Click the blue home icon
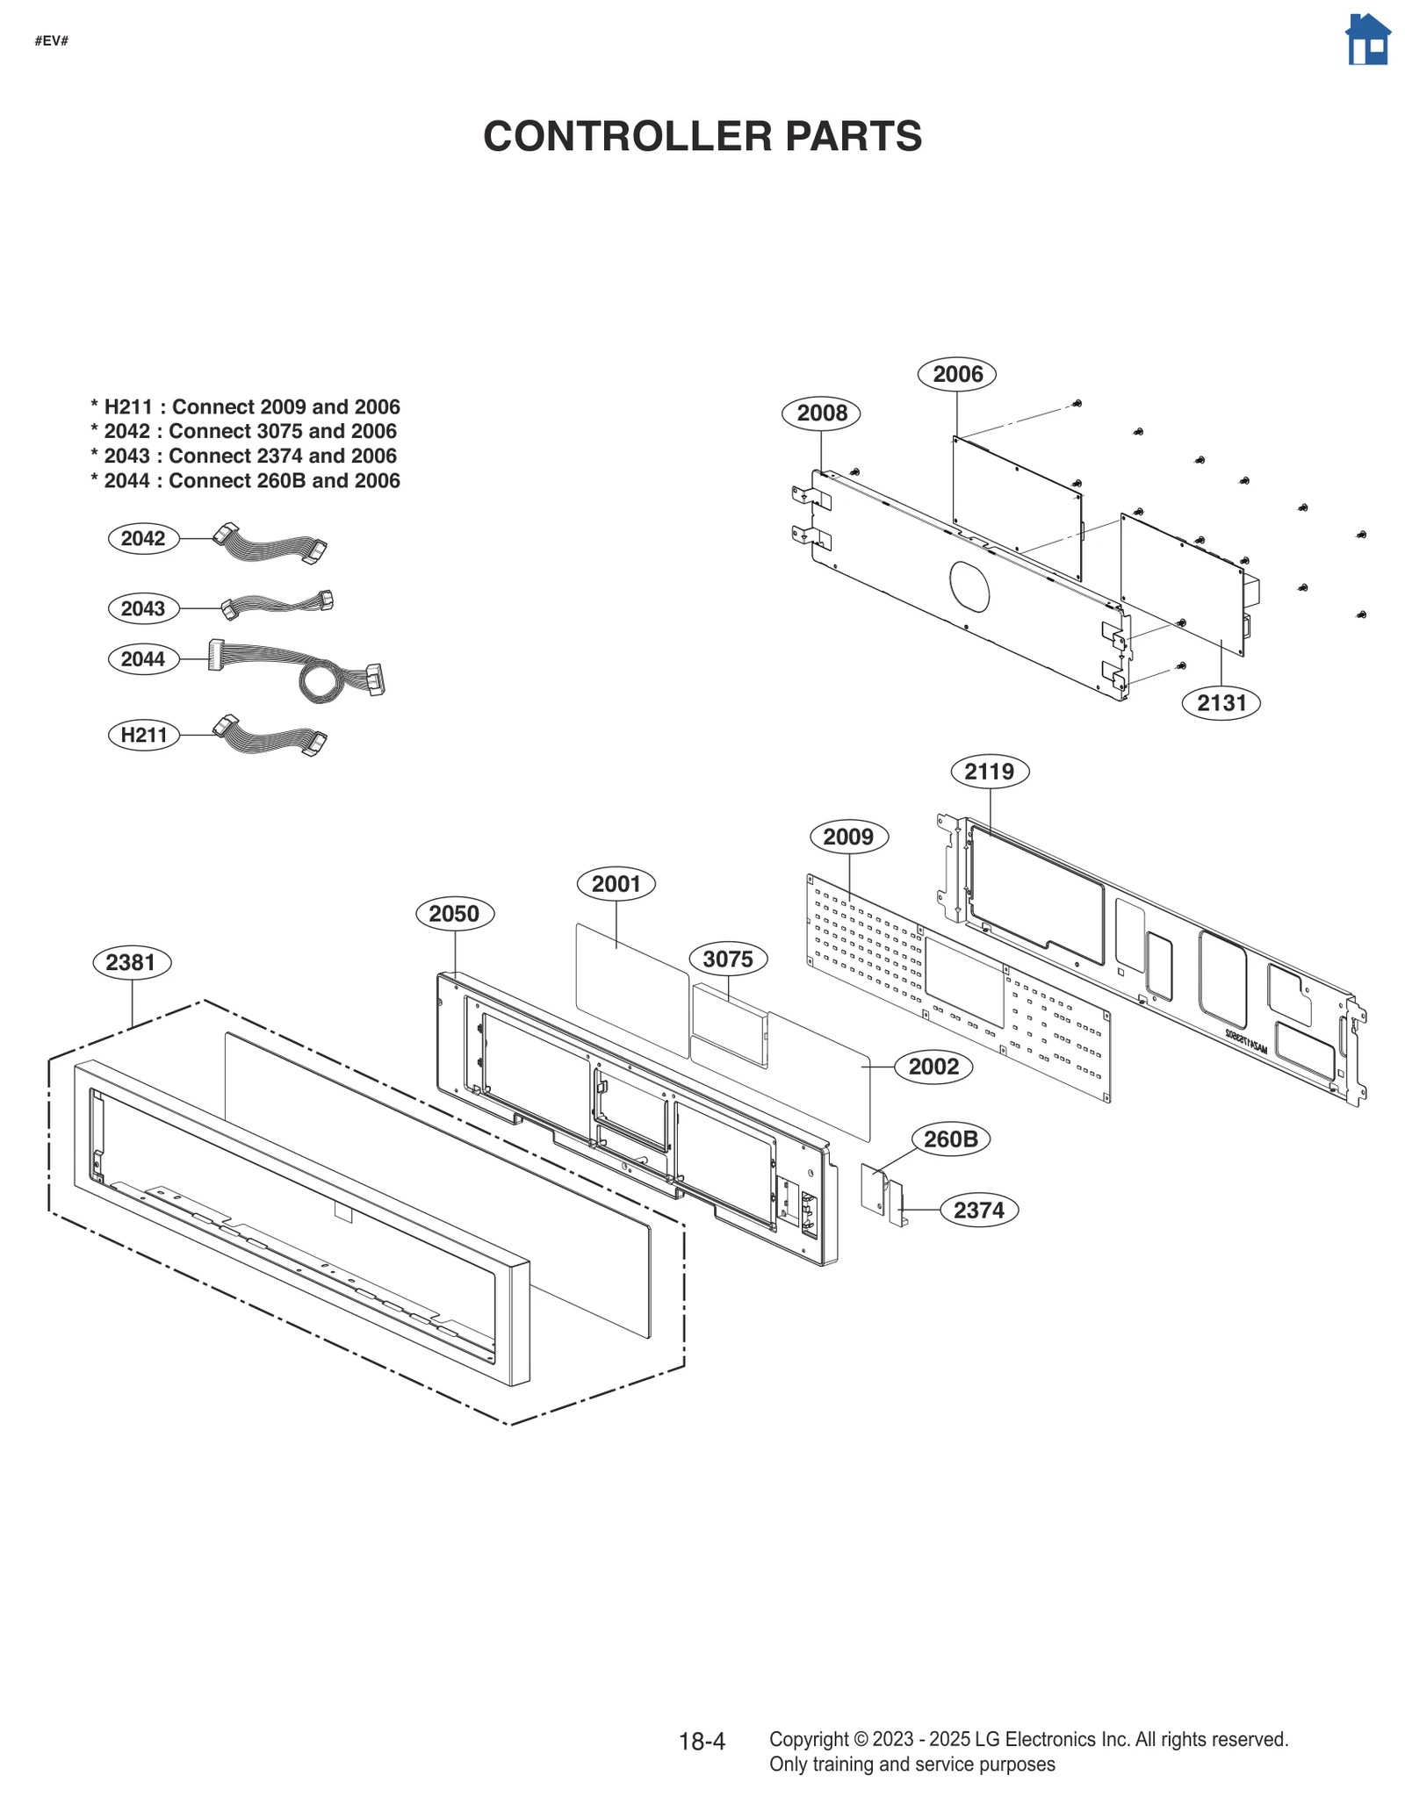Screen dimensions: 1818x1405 [1367, 40]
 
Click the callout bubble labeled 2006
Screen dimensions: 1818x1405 [956, 374]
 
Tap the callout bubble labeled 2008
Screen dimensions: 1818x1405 [821, 413]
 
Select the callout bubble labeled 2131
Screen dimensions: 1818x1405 [1221, 702]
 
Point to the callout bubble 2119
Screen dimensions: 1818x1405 [989, 772]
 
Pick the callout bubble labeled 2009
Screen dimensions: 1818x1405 [848, 837]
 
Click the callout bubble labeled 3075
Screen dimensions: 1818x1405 [727, 959]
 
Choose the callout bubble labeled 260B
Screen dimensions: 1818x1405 [950, 1139]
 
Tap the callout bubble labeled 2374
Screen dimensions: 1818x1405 [978, 1210]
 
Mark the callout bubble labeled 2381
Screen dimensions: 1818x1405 [131, 962]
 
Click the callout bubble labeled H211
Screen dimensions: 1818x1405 [143, 735]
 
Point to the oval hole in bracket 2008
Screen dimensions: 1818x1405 [969, 586]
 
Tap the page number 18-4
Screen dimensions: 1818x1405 [702, 1742]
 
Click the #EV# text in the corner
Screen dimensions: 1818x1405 [51, 41]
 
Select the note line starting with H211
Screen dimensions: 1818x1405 [245, 406]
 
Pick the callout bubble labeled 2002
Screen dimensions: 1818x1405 [933, 1067]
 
